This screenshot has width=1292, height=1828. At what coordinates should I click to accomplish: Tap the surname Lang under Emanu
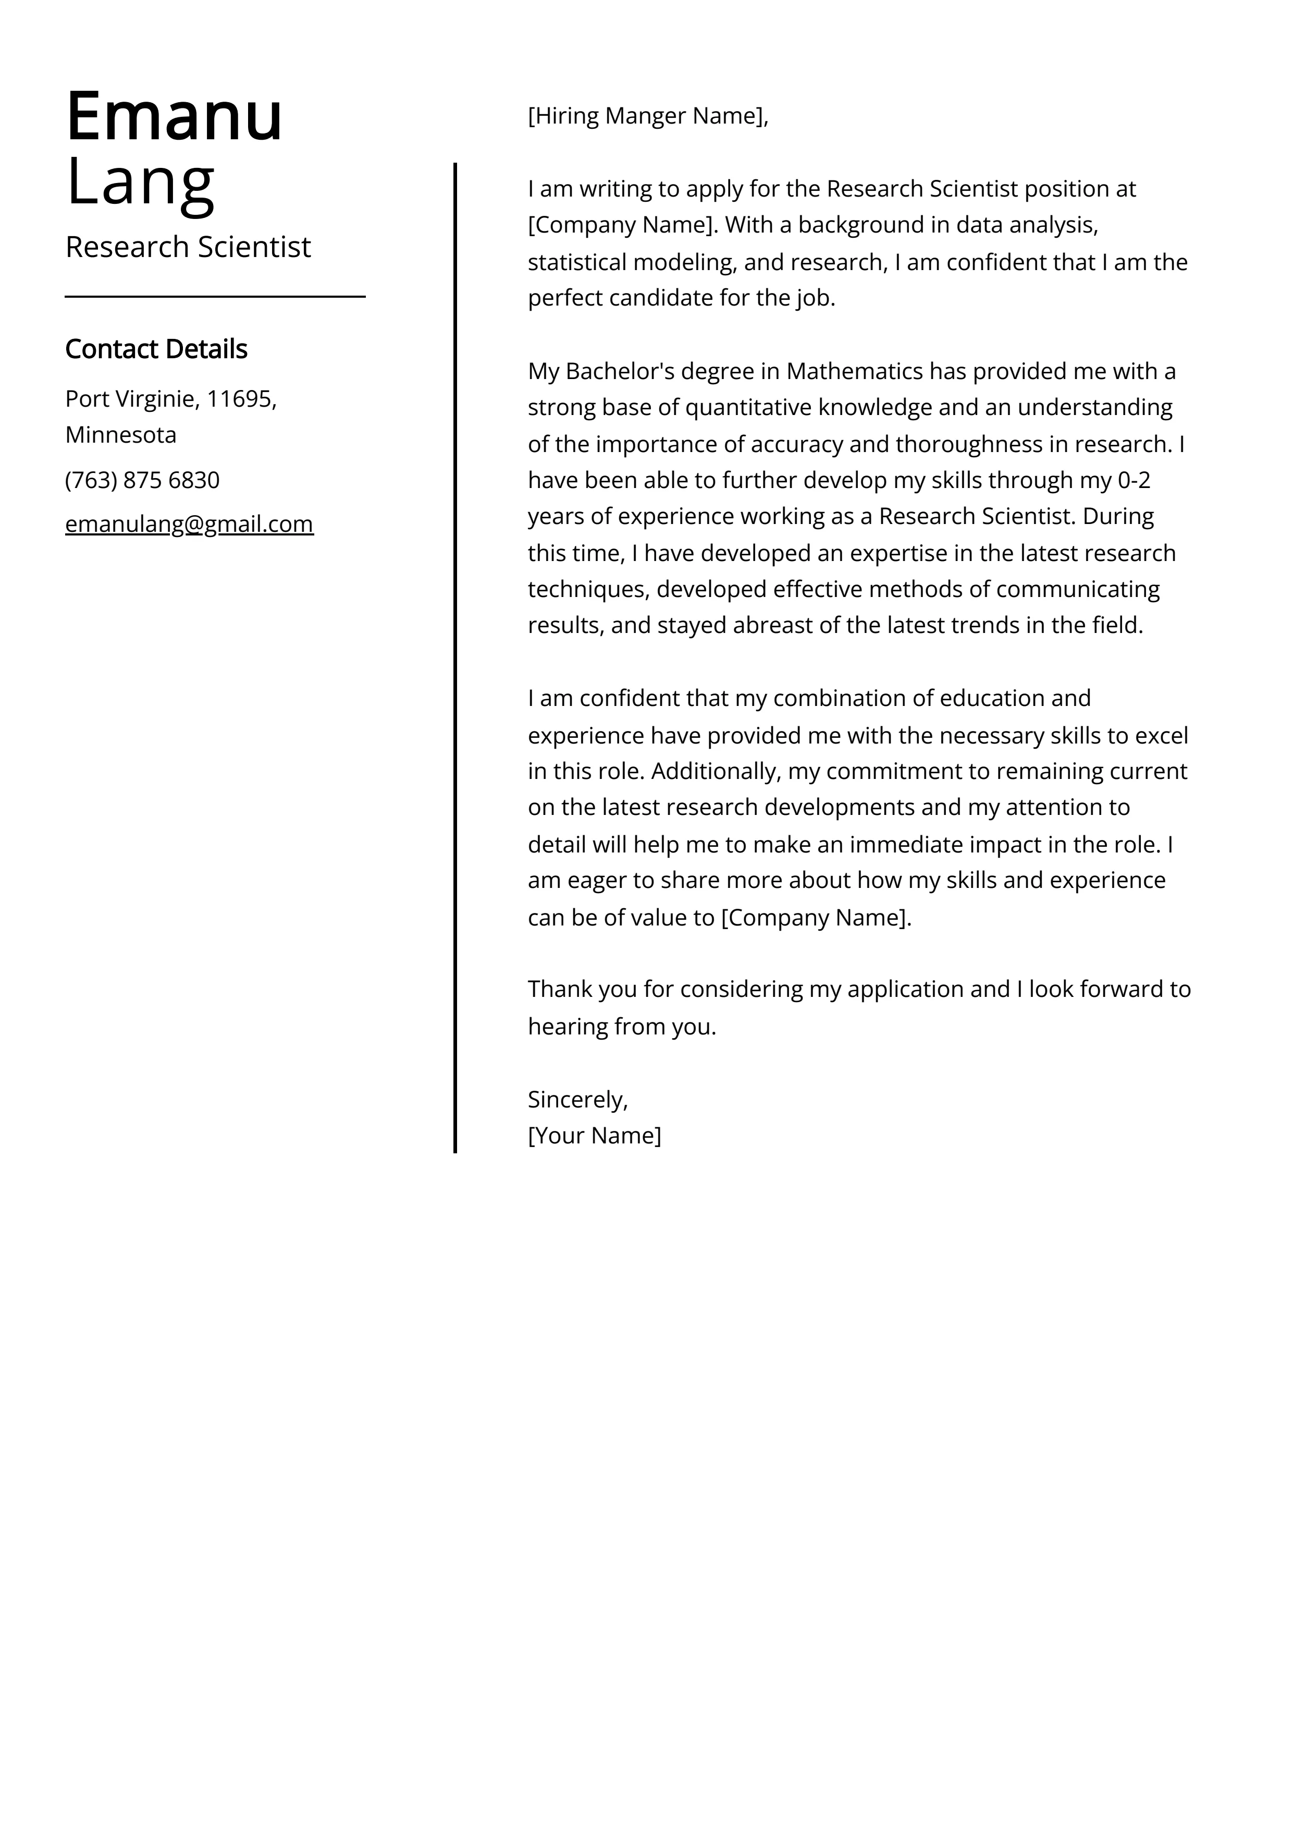point(140,183)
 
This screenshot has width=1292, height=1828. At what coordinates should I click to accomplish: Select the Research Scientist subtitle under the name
point(188,248)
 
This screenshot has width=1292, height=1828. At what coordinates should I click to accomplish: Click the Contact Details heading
point(156,349)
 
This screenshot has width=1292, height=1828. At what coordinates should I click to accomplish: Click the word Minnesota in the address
point(121,435)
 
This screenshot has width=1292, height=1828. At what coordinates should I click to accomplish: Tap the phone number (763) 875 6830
point(142,480)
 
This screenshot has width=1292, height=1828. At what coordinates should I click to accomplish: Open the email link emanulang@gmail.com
point(190,524)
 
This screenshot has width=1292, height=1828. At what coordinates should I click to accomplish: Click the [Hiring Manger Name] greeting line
point(647,116)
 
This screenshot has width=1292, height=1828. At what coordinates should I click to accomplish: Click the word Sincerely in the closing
point(577,1100)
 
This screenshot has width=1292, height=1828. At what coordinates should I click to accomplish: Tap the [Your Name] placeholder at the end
point(594,1136)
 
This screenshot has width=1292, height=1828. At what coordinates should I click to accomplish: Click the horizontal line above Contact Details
point(215,297)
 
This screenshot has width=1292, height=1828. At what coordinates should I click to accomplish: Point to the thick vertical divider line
point(456,657)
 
